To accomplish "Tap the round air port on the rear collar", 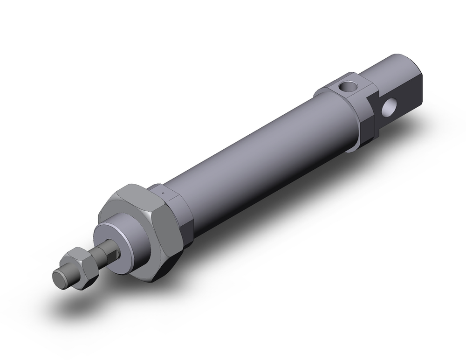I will (x=346, y=86).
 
